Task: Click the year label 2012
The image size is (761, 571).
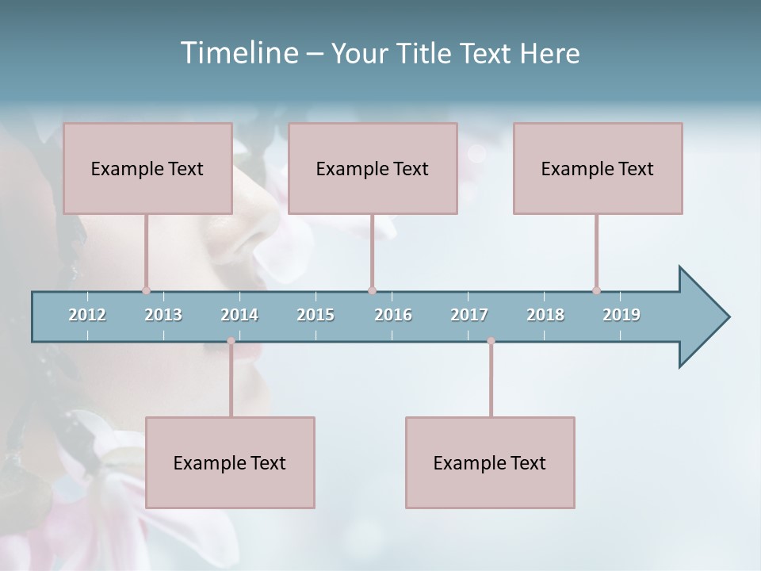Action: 87,315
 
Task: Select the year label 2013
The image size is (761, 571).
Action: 163,315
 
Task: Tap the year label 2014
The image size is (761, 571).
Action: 239,315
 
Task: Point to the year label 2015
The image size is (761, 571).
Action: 315,315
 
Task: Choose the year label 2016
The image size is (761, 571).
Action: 393,315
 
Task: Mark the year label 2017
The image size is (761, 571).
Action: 469,315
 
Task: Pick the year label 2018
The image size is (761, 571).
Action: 545,315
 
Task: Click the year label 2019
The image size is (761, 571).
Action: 621,315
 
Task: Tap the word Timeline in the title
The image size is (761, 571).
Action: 239,52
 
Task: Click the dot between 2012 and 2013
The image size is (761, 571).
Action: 146,290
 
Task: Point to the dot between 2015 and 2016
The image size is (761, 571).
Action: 372,290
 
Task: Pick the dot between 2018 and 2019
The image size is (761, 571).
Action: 596,290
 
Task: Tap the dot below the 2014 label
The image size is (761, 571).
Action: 231,341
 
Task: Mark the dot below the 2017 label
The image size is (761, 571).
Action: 491,341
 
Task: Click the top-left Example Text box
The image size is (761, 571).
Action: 147,168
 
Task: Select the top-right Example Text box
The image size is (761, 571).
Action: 598,168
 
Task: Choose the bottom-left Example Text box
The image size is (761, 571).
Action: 230,462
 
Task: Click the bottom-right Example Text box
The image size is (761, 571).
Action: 490,462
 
